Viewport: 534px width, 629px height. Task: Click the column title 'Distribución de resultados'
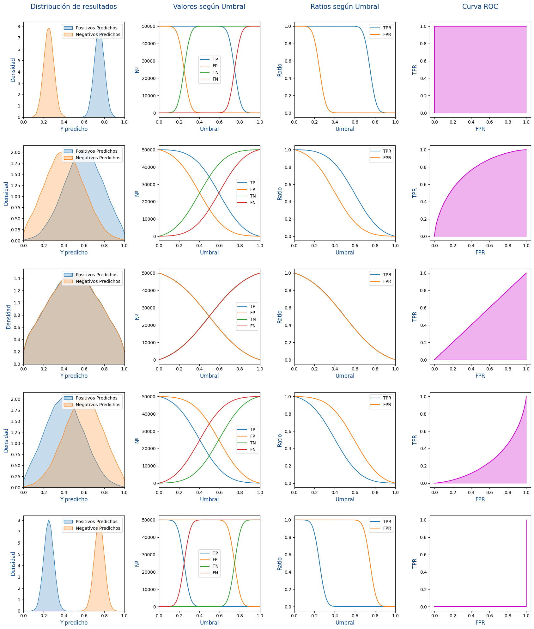pyautogui.click(x=74, y=7)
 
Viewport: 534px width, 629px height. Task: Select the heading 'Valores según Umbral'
pyautogui.click(x=209, y=7)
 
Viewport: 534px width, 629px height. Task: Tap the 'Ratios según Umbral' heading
pyautogui.click(x=344, y=7)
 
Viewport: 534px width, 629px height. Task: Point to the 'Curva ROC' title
pyautogui.click(x=480, y=7)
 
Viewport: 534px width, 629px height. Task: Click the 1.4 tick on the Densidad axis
pyautogui.click(x=17, y=278)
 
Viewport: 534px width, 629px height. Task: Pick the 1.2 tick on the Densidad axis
pyautogui.click(x=17, y=291)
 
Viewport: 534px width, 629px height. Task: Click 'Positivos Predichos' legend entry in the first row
pyautogui.click(x=96, y=28)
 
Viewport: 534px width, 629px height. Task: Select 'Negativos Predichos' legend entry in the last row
pyautogui.click(x=98, y=528)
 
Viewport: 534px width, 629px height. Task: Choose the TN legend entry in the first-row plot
pyautogui.click(x=215, y=72)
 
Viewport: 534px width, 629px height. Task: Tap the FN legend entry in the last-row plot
pyautogui.click(x=215, y=573)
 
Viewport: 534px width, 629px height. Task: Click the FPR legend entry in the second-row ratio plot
pyautogui.click(x=387, y=158)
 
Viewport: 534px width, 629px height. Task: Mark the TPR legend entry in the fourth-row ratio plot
pyautogui.click(x=387, y=398)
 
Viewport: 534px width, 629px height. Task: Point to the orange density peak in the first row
pyautogui.click(x=49, y=29)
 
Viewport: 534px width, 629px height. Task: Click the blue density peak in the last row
pyautogui.click(x=49, y=521)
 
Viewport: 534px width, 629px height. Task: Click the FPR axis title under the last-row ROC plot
pyautogui.click(x=480, y=622)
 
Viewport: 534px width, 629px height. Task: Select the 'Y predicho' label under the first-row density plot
pyautogui.click(x=74, y=129)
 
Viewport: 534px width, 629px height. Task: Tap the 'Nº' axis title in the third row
pyautogui.click(x=137, y=317)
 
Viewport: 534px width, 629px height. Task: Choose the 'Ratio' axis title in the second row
pyautogui.click(x=280, y=193)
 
